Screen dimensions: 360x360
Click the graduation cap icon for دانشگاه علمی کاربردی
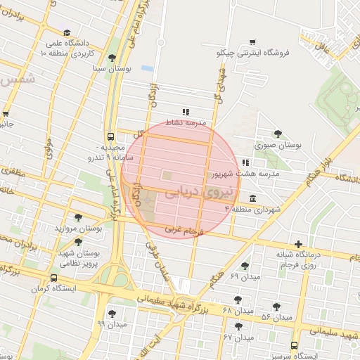(x=66, y=33)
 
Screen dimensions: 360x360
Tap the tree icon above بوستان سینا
(x=112, y=58)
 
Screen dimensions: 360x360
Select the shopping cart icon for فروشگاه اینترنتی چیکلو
(x=253, y=41)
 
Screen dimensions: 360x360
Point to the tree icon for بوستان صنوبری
(x=278, y=133)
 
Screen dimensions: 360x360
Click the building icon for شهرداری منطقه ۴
(x=252, y=198)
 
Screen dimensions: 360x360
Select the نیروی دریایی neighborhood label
(x=191, y=192)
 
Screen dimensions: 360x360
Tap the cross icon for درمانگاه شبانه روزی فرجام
(x=299, y=243)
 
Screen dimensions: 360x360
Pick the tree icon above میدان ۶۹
(x=245, y=266)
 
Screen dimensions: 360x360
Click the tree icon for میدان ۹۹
(x=111, y=313)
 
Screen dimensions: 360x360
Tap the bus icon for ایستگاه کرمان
(x=54, y=278)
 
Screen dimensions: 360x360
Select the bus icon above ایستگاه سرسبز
(x=294, y=345)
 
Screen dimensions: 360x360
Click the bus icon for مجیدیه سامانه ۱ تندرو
(x=110, y=136)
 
